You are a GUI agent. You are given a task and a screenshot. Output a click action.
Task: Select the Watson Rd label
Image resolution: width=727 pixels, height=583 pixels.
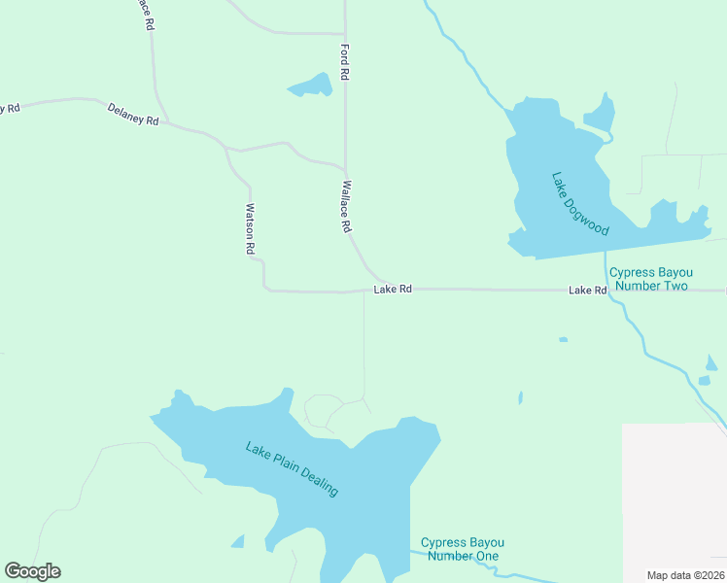pyautogui.click(x=250, y=229)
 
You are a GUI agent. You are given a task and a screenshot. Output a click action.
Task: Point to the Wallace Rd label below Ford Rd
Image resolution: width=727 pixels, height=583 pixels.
pyautogui.click(x=345, y=206)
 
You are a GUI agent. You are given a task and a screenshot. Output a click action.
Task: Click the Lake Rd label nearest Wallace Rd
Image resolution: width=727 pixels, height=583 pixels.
pyautogui.click(x=394, y=290)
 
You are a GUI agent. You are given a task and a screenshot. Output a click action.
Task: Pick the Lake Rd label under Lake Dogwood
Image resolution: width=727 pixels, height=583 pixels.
pyautogui.click(x=587, y=291)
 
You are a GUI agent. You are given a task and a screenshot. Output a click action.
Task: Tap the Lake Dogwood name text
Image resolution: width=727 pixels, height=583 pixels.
pyautogui.click(x=580, y=204)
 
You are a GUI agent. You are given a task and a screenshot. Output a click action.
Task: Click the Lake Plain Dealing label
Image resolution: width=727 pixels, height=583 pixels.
pyautogui.click(x=292, y=469)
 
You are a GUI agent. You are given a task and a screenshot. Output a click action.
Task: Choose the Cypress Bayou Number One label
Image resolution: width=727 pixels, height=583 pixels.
pyautogui.click(x=463, y=549)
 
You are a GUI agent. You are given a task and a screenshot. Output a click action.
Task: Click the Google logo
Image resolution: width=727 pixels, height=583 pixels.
pyautogui.click(x=32, y=571)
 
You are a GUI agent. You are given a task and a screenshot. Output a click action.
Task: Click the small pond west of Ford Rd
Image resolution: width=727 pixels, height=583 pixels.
pyautogui.click(x=312, y=86)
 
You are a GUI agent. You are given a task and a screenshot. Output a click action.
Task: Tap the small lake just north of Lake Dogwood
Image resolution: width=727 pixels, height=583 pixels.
pyautogui.click(x=601, y=115)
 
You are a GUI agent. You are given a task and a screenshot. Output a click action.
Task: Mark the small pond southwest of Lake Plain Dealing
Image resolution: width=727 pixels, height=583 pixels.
pyautogui.click(x=236, y=541)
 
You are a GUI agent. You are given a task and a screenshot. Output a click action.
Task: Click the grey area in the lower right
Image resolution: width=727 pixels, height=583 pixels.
pyautogui.click(x=674, y=496)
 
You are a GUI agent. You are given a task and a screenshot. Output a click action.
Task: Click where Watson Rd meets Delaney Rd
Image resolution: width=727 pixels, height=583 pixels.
pyautogui.click(x=227, y=150)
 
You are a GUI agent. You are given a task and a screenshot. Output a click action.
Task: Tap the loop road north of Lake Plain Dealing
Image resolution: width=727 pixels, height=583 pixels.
pyautogui.click(x=324, y=411)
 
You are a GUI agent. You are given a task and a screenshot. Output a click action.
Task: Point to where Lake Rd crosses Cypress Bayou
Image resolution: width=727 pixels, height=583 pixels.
pyautogui.click(x=608, y=290)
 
